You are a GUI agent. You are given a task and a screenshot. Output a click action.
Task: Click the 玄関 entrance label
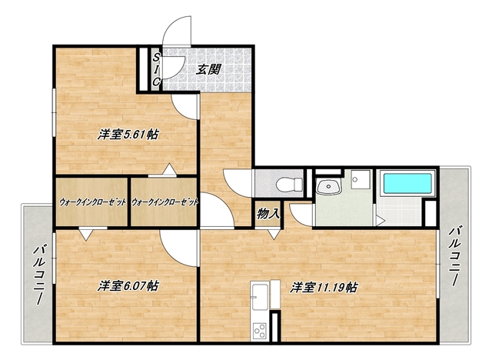coord(208,68)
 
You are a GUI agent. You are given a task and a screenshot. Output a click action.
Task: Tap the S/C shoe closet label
coord(155,69)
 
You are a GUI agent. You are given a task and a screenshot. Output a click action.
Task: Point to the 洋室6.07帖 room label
coord(128,286)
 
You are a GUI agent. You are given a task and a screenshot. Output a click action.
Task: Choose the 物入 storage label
coord(268,212)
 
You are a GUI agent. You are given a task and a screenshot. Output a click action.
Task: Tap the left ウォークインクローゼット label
coord(91,202)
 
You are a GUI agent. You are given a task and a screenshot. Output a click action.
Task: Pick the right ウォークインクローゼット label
coord(165,202)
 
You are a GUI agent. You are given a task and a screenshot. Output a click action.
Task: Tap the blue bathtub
coord(407,184)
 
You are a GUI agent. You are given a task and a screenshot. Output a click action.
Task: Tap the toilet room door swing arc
coord(235,184)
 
